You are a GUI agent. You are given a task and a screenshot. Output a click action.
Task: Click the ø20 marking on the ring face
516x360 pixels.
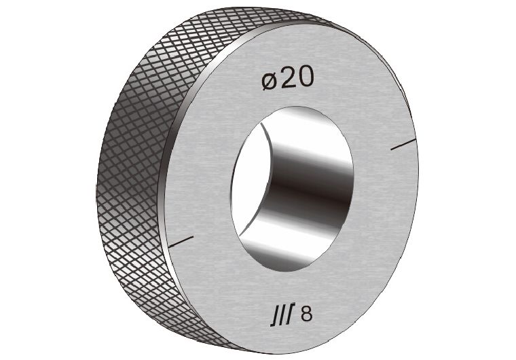point(288,79)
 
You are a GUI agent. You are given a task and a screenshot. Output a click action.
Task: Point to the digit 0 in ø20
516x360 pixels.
point(306,79)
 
